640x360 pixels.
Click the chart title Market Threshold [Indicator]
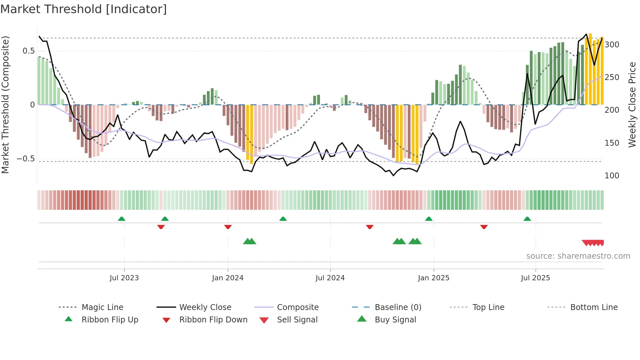84,9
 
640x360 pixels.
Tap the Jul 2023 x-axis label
124,278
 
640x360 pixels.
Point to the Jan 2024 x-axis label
228,278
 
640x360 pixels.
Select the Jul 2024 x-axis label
330,278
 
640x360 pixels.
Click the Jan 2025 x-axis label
433,278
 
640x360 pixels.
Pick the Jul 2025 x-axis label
535,278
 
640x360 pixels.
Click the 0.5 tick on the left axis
28,51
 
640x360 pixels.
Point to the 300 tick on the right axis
612,45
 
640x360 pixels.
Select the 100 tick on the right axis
612,176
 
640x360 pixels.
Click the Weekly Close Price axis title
632,105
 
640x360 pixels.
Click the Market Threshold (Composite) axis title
5,105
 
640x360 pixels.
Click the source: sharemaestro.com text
578,256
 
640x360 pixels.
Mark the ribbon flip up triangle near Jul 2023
121,219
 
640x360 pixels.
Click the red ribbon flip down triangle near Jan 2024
228,227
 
